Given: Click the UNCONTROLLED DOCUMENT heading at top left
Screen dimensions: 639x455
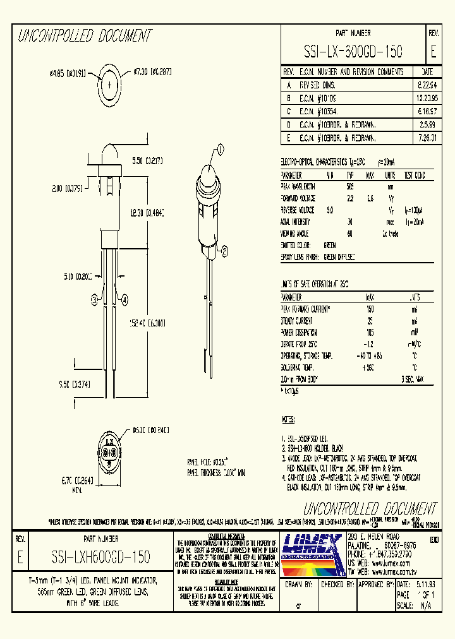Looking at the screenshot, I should [x=85, y=36].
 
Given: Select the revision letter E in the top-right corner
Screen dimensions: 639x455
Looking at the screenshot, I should [x=433, y=51].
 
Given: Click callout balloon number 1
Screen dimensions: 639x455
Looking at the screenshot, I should [x=221, y=149].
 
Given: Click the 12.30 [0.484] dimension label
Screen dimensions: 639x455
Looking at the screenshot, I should [x=146, y=214].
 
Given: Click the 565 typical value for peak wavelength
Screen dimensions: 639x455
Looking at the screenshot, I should [x=349, y=187].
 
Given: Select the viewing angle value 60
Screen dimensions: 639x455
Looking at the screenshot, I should [x=349, y=233].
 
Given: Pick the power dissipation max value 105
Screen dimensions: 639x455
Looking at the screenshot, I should [x=370, y=332].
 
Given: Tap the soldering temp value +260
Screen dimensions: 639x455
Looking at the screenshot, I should [x=370, y=367].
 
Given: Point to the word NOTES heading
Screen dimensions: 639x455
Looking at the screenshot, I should [x=288, y=419].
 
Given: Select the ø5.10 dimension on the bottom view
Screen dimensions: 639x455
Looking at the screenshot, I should [x=151, y=431].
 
